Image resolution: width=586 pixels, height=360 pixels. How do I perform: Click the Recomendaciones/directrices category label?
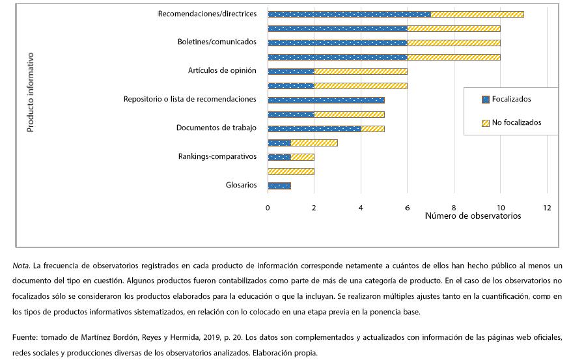[207, 14]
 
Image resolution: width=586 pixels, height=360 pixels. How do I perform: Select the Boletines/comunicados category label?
[217, 42]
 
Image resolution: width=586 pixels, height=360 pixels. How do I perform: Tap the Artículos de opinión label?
[222, 71]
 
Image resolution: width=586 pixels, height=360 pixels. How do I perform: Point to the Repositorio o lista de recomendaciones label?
[189, 100]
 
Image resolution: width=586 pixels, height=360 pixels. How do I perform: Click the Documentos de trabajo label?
[216, 128]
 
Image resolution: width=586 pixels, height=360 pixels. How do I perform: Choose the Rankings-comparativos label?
[217, 157]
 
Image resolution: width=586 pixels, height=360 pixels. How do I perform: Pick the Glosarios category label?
[242, 186]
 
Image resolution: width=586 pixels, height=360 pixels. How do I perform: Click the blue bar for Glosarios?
[279, 186]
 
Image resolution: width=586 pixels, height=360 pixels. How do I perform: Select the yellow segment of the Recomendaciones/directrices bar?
[477, 14]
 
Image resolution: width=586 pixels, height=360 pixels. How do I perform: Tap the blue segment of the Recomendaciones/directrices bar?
[349, 14]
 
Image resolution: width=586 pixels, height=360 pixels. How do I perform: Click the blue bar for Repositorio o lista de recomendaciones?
[326, 100]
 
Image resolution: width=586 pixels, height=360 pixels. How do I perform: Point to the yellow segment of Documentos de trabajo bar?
[372, 129]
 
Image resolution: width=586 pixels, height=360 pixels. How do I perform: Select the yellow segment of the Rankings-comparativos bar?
[302, 158]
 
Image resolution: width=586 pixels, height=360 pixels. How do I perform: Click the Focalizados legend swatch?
[485, 100]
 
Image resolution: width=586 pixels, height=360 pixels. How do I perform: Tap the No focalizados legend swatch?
[485, 123]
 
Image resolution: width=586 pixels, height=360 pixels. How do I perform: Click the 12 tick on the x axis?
[547, 208]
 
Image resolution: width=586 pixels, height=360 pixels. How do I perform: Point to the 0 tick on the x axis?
[268, 208]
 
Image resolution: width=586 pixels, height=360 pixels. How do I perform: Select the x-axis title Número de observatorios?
[473, 216]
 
